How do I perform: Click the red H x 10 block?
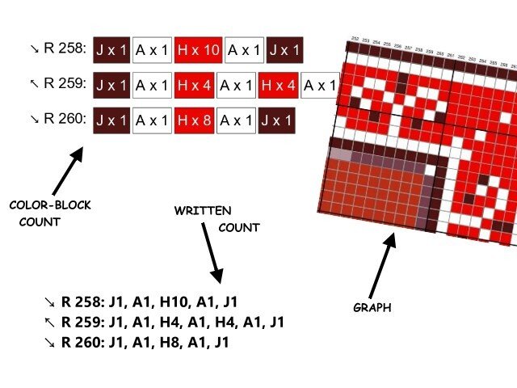tap(198, 51)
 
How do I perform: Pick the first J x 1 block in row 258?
tap(111, 51)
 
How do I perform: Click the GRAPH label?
tap(373, 308)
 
